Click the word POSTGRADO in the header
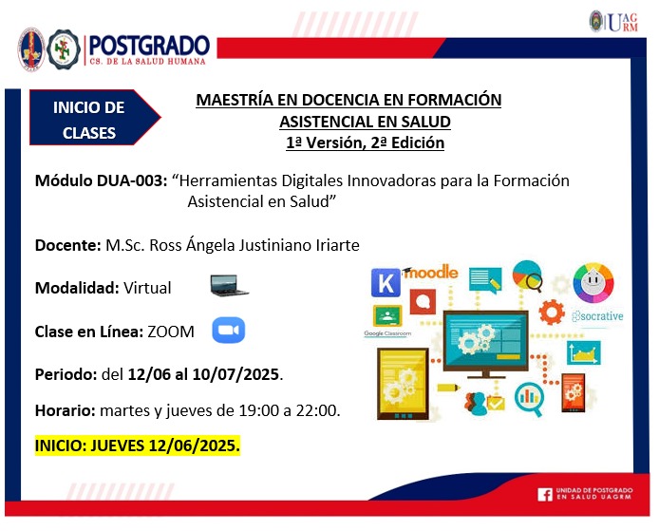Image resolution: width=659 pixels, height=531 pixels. click(x=149, y=45)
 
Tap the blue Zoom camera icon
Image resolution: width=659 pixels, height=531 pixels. click(x=228, y=330)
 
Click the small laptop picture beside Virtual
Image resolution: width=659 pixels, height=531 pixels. click(x=229, y=286)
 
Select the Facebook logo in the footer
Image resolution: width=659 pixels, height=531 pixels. click(x=545, y=494)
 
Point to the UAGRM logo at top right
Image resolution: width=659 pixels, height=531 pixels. click(x=614, y=22)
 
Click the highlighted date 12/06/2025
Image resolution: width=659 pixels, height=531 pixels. click(x=194, y=446)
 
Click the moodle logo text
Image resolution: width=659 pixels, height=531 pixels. click(x=430, y=273)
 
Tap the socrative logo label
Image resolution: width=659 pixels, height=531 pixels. click(x=597, y=316)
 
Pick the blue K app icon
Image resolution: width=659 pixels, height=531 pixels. click(x=386, y=282)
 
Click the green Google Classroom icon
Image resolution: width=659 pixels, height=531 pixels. click(x=387, y=315)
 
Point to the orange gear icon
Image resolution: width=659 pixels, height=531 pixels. click(x=552, y=312)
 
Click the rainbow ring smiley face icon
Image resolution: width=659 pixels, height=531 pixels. click(x=593, y=282)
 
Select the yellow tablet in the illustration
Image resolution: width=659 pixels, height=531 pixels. click(x=403, y=384)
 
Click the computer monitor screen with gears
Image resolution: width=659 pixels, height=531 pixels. click(x=486, y=341)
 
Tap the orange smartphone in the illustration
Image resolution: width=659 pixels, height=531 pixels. click(x=573, y=393)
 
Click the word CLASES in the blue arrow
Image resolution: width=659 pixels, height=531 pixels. click(x=89, y=133)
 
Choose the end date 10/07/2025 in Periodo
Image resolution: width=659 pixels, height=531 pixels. click(x=235, y=374)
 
